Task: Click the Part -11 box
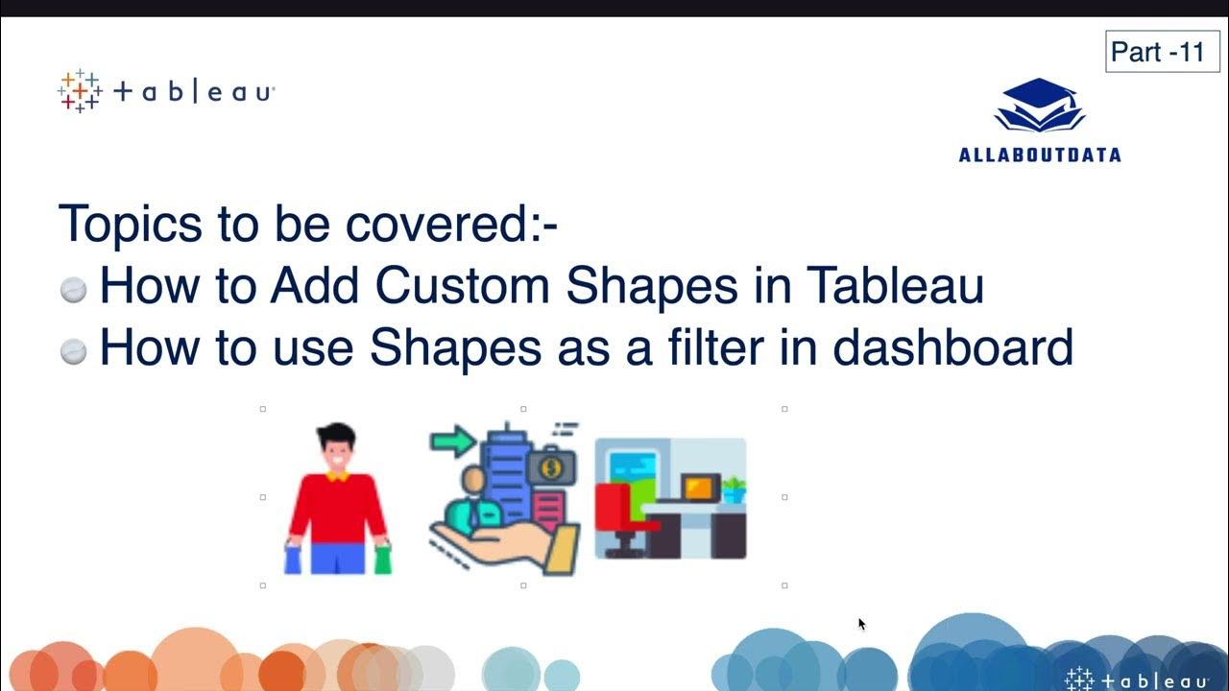1156,52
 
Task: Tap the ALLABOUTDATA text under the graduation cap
1040,155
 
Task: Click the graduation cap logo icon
1040,107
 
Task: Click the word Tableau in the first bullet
895,285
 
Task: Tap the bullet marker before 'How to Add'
73,290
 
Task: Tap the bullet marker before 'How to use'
73,352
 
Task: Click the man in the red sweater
337,499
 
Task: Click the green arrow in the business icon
452,442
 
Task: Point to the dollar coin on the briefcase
551,469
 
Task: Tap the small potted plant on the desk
734,489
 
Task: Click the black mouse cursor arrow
861,624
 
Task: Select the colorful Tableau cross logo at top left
79,91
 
